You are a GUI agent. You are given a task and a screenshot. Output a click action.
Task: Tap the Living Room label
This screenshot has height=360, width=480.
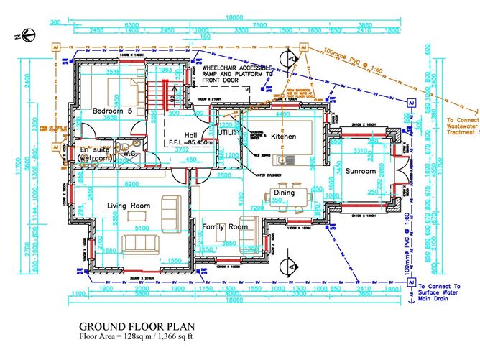click(x=129, y=206)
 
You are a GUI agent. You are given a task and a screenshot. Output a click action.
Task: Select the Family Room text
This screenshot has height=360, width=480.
click(x=224, y=226)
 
